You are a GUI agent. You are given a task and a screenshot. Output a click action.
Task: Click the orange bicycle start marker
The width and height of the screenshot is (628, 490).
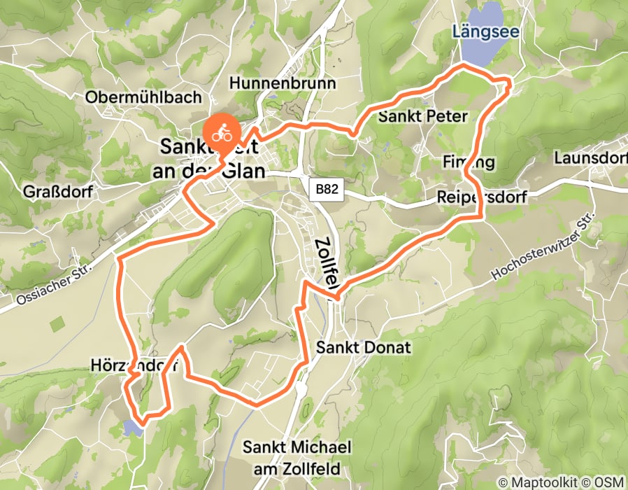[222, 131]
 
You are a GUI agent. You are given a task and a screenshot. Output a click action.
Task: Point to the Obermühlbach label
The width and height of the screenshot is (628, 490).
[143, 97]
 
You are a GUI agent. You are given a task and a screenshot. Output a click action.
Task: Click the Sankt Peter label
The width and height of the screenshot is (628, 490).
[422, 116]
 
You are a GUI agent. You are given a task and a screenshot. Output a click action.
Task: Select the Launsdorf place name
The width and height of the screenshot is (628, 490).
[589, 159]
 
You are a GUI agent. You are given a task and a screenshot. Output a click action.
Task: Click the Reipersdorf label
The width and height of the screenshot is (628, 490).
[482, 197]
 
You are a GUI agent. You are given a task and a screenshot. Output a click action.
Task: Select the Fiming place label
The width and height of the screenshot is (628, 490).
[469, 162]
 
